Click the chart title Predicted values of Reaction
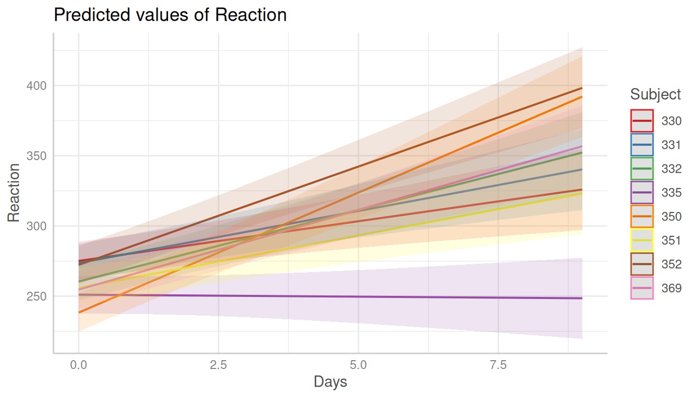pos(170,15)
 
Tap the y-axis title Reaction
pos(14,192)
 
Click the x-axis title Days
pos(330,382)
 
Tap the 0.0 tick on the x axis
pos(78,365)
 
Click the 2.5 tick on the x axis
pos(218,365)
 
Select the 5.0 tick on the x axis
pos(358,365)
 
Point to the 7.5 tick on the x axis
pos(498,365)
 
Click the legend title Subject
pos(656,94)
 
